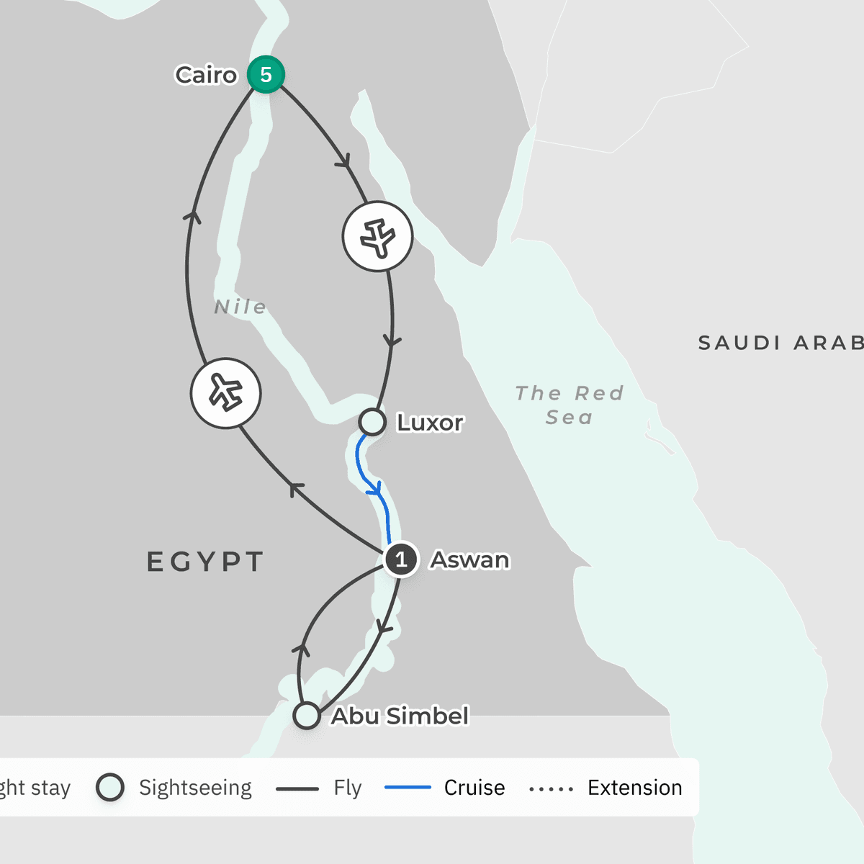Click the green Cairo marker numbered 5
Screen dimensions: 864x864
(x=266, y=74)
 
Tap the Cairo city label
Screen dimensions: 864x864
(x=206, y=75)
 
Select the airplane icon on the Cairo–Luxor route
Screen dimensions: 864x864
(x=377, y=236)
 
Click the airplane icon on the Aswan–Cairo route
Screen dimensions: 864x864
(x=225, y=393)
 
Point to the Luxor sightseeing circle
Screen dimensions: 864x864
(x=372, y=422)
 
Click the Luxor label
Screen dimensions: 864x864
(x=430, y=423)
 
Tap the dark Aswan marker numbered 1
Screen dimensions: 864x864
(x=401, y=559)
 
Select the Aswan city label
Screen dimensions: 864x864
(x=469, y=559)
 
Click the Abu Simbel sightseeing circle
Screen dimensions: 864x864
(x=307, y=716)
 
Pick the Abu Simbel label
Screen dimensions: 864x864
(x=400, y=716)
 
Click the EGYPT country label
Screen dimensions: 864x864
(x=205, y=562)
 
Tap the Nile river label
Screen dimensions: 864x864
(x=240, y=307)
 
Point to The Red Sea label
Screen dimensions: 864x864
(x=569, y=405)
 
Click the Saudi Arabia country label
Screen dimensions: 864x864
(x=780, y=343)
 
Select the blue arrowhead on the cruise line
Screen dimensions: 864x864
(x=374, y=490)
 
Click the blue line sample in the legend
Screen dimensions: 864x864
(x=408, y=788)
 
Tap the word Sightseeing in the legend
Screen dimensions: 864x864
(x=195, y=788)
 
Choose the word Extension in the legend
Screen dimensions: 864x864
(x=634, y=788)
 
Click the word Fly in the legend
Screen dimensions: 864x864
(x=347, y=788)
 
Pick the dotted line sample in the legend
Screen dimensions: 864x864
(x=551, y=789)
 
